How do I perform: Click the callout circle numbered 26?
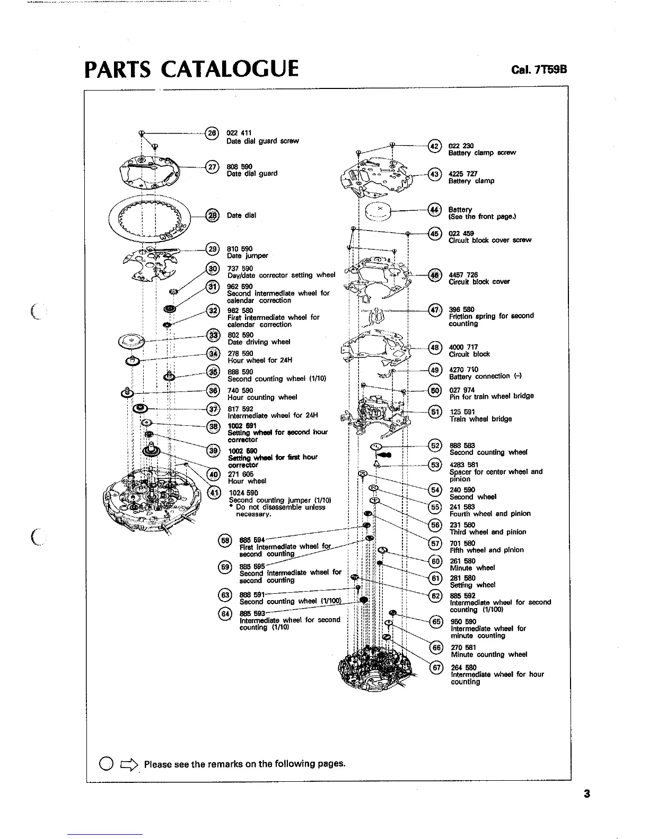(211, 133)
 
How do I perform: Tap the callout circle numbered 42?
(434, 146)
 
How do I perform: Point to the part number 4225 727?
(463, 174)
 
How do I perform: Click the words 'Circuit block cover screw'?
(489, 240)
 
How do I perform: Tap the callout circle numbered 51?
(435, 412)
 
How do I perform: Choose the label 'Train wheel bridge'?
(480, 419)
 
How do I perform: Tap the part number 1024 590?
(243, 493)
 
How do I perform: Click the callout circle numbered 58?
(224, 540)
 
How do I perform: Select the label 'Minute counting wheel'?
(489, 655)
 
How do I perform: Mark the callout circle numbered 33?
(213, 335)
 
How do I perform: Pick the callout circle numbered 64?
(224, 613)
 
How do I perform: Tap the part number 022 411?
(239, 133)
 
